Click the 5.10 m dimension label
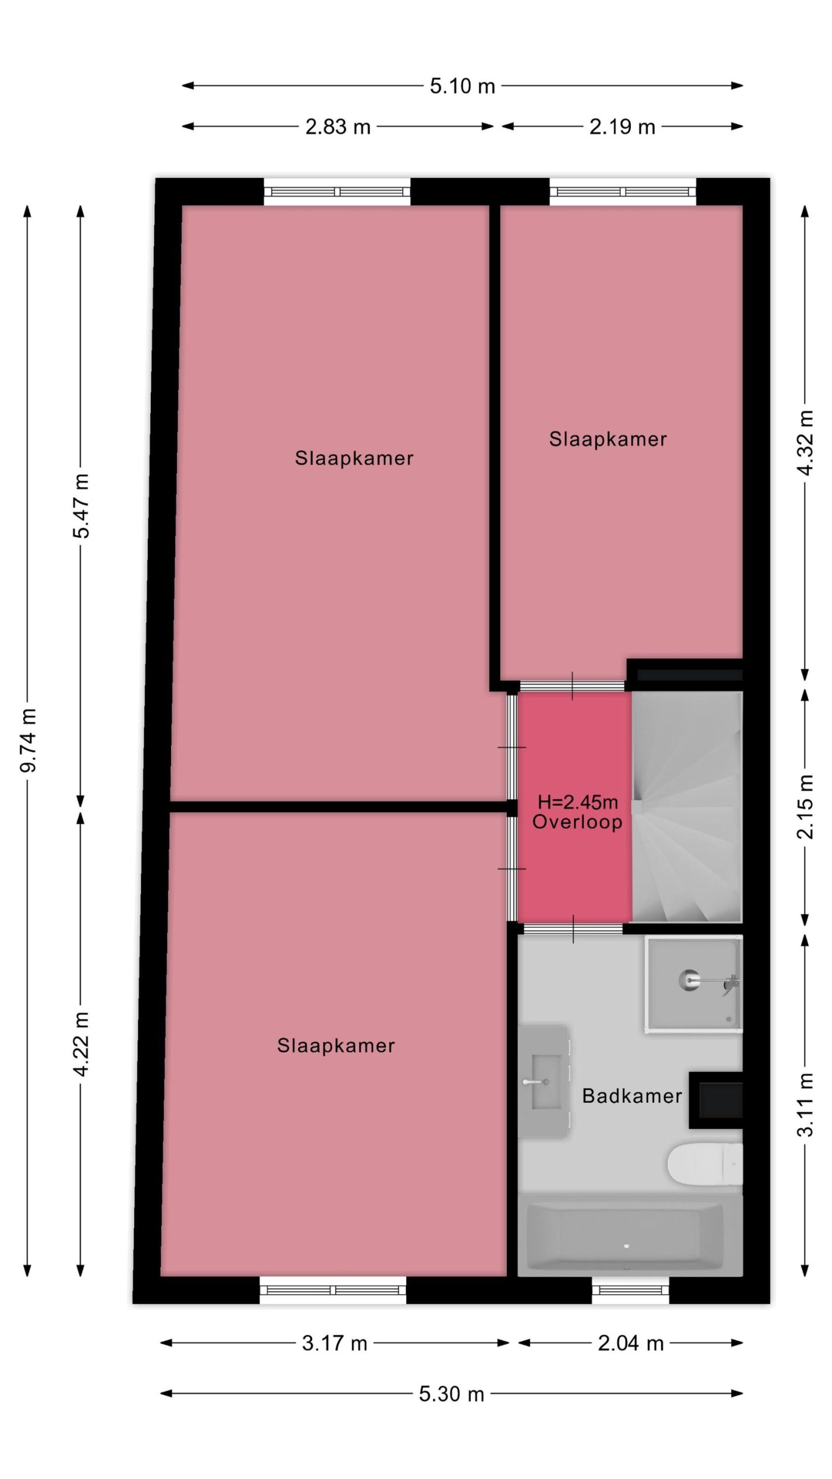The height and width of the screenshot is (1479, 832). pos(462,86)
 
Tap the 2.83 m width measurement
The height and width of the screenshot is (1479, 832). pos(338,127)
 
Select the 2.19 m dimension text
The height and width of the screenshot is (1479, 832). pos(622,127)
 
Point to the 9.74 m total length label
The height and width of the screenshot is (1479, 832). pos(28,740)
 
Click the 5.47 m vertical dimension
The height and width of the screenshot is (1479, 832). pos(81,506)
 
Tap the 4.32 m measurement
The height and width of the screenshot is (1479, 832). pos(805,443)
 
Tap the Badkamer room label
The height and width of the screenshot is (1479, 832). pos(632,1096)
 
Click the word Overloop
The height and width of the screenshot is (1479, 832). pos(577,822)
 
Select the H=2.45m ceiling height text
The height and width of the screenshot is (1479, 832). pos(578,802)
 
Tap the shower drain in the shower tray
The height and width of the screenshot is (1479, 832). pos(689,981)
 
